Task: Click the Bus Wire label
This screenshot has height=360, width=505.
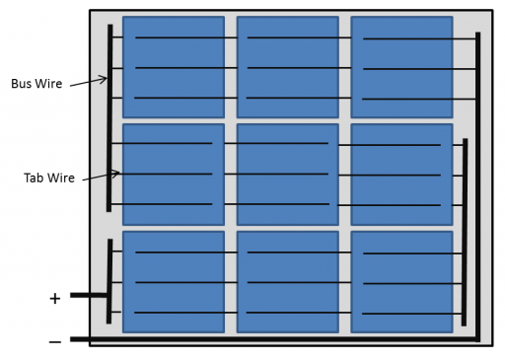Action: [36, 84]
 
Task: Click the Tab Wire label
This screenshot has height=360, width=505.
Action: [49, 179]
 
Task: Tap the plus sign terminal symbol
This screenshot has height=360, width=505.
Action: [54, 298]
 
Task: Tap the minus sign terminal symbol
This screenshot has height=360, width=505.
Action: [54, 341]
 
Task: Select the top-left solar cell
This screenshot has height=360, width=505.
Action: [173, 67]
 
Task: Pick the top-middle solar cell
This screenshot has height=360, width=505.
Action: [287, 67]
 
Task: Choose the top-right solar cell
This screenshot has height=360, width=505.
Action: [401, 67]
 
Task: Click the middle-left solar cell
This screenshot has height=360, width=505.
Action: [173, 174]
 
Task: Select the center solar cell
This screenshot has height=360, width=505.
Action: [287, 174]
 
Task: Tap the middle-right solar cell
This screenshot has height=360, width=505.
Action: [401, 174]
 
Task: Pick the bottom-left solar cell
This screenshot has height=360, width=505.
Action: [173, 281]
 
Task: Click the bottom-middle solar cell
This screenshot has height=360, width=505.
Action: [287, 281]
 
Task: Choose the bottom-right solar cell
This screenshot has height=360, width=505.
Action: [401, 281]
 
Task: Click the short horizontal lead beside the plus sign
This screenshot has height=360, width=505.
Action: [89, 294]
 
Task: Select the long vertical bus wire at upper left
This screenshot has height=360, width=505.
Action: [109, 118]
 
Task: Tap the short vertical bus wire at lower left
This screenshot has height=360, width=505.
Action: [108, 281]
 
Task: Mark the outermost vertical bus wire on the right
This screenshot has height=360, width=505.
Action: [478, 187]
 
